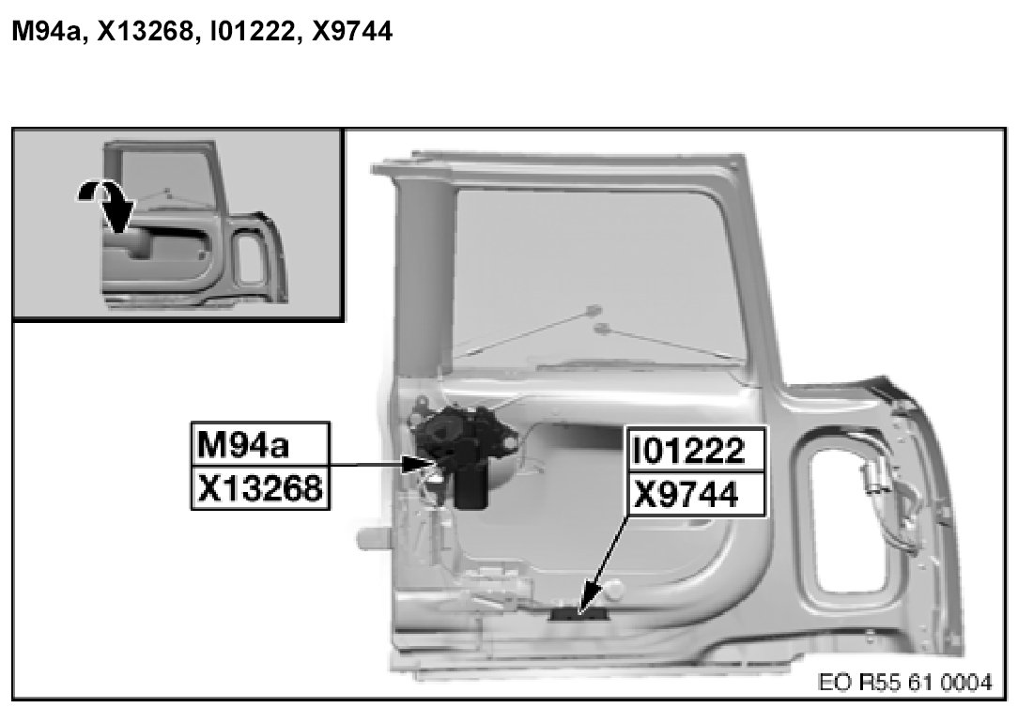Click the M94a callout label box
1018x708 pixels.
coord(260,444)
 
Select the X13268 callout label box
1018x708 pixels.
coord(260,487)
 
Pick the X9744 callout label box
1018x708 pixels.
coord(696,495)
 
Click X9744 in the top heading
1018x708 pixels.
coord(352,30)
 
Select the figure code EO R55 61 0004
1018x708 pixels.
coord(905,682)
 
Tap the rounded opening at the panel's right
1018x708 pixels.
coord(857,506)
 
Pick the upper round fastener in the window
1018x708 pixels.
coord(593,311)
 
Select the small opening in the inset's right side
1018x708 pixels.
coord(250,259)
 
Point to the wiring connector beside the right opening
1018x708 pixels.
coord(871,477)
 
